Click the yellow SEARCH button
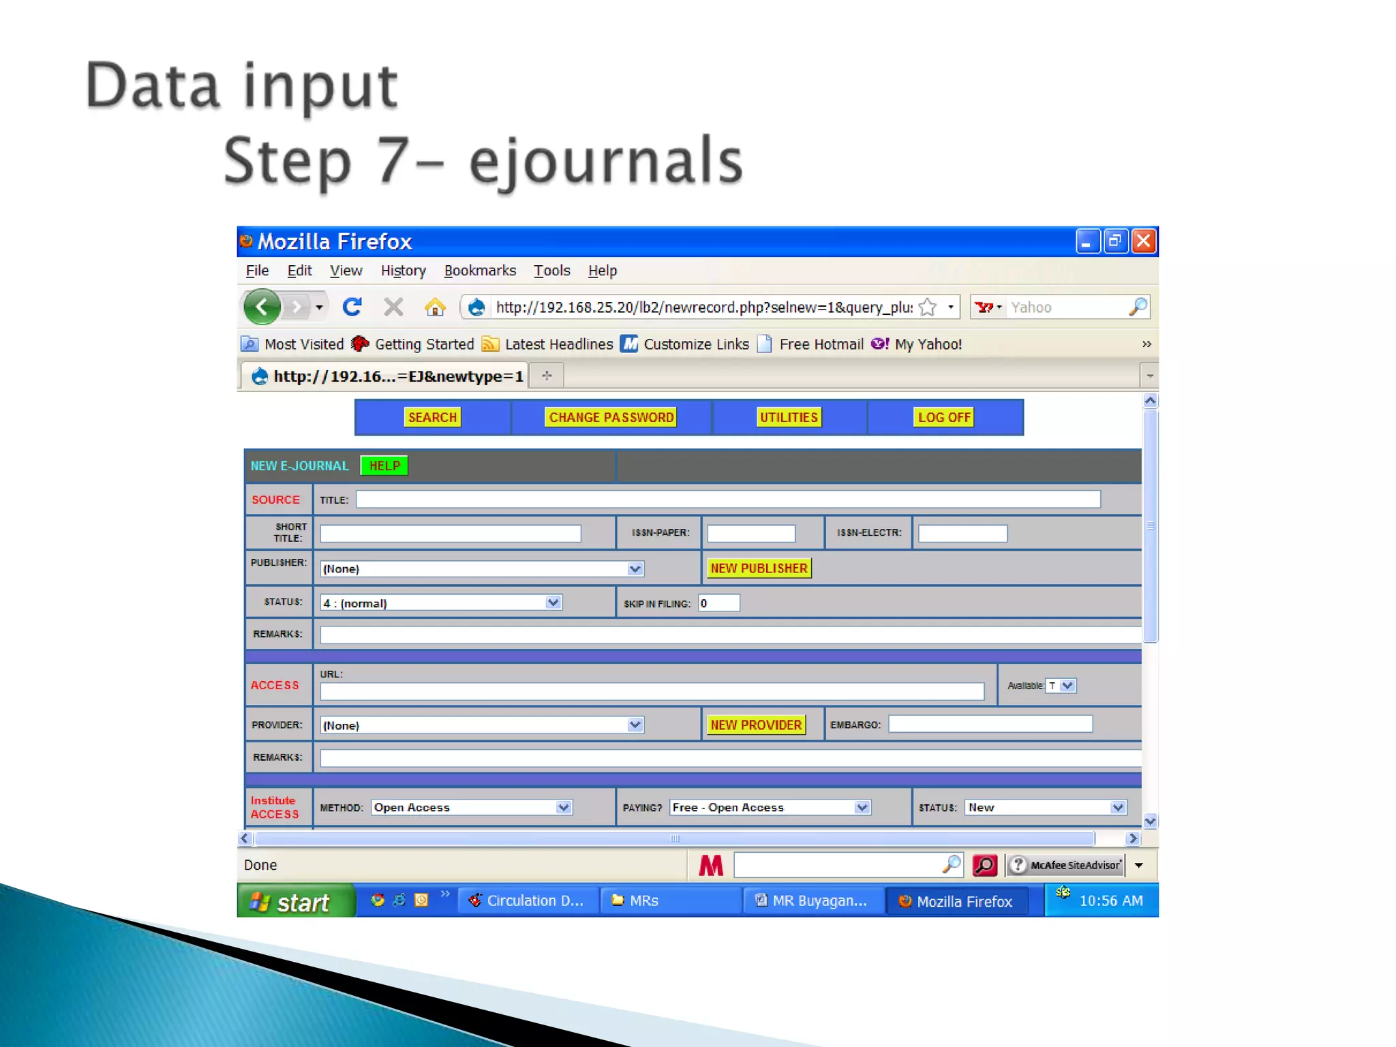[x=432, y=417]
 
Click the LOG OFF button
[x=943, y=417]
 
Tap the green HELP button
[x=384, y=466]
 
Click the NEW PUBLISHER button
[x=758, y=568]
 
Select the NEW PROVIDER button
[x=755, y=725]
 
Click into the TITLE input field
[x=727, y=500]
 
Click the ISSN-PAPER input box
[x=750, y=533]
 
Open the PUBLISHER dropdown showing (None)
[x=481, y=568]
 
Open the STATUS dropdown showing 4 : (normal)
[x=440, y=603]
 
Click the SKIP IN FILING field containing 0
[x=718, y=603]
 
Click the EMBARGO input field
[x=990, y=724]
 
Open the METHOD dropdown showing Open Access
[x=471, y=807]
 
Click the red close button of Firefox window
[x=1143, y=241]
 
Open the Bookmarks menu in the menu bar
[x=479, y=271]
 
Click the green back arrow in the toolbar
[x=262, y=307]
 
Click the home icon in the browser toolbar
[x=434, y=307]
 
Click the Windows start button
[x=294, y=901]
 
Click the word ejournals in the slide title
[x=605, y=161]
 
